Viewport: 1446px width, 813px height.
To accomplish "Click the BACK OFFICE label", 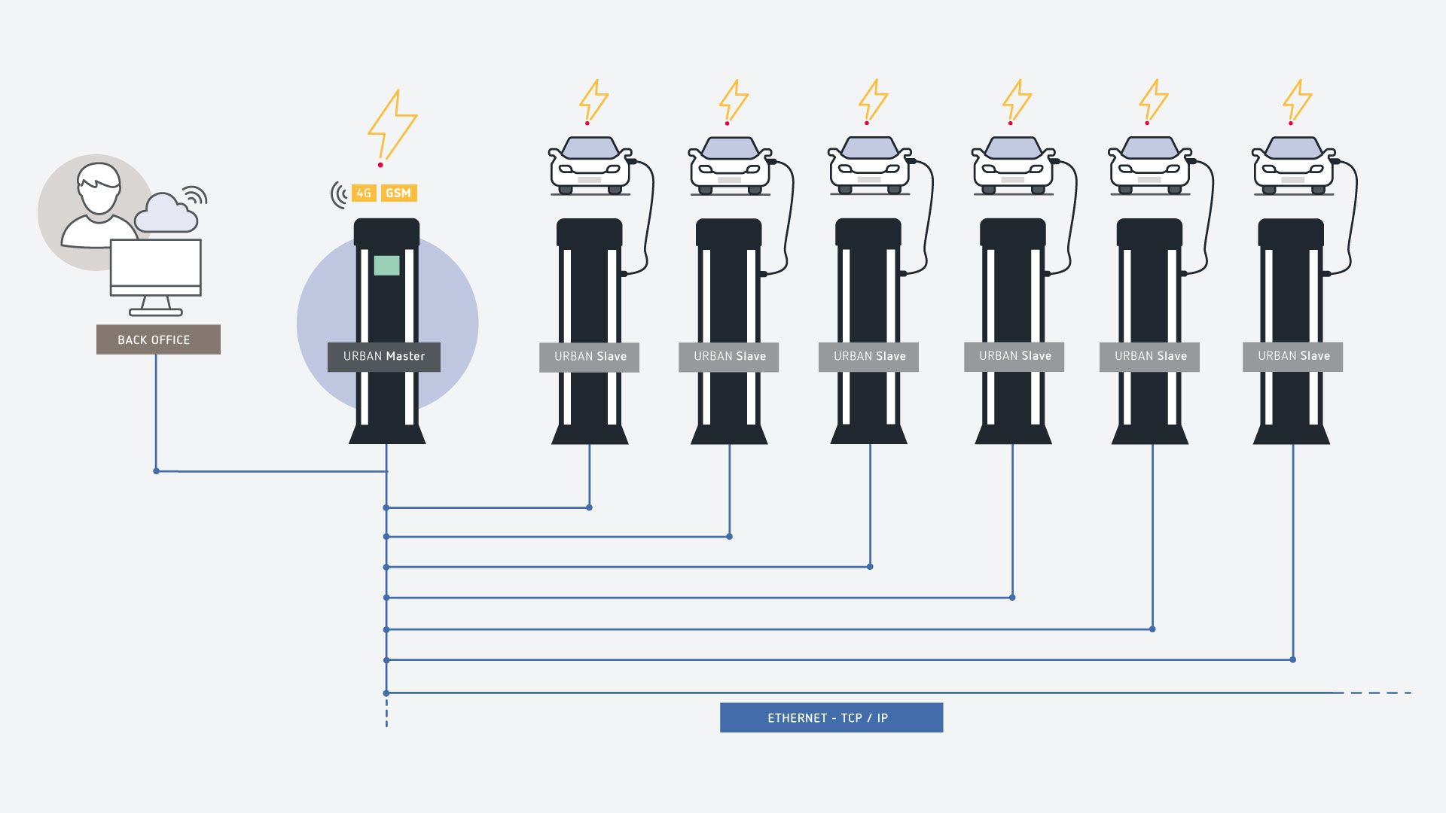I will click(x=158, y=340).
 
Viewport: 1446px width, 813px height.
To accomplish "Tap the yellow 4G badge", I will click(x=364, y=193).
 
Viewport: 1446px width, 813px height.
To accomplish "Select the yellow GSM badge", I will click(x=398, y=193).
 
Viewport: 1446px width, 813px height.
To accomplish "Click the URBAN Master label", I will click(x=384, y=356).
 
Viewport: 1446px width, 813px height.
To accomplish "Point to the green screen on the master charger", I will click(x=386, y=265).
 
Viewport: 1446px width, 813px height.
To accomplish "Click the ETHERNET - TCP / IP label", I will click(x=831, y=717).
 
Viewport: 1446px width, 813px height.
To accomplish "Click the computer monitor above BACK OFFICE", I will click(x=156, y=268).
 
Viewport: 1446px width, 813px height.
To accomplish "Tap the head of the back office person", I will click(x=99, y=188).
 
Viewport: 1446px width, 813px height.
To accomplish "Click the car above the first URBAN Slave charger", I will click(x=590, y=166).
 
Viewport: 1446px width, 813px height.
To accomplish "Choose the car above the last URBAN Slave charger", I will click(x=1293, y=166).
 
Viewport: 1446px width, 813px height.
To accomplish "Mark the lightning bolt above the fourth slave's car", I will click(x=1017, y=99).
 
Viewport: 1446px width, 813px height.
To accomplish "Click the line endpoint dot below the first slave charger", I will click(x=589, y=507).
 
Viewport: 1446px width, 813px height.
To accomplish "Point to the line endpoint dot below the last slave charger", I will click(x=1292, y=659).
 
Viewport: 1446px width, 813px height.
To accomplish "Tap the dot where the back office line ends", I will click(x=156, y=471).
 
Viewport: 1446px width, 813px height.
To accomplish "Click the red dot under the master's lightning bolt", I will click(x=380, y=164).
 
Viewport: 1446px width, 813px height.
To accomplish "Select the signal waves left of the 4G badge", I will click(x=338, y=194).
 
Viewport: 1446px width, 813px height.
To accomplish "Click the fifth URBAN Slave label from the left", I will click(x=1149, y=356).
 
